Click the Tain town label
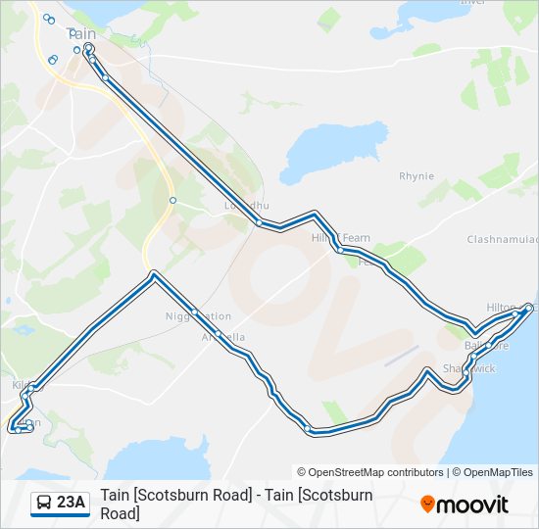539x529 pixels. [81, 33]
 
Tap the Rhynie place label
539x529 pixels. [416, 176]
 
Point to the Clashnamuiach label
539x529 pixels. [502, 240]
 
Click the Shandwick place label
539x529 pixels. [469, 368]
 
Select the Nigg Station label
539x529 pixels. [199, 316]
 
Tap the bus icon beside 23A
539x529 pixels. [44, 504]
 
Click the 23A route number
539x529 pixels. [72, 504]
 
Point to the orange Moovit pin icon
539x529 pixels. [427, 505]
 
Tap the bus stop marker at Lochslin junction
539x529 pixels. [259, 223]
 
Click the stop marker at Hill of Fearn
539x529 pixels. [339, 250]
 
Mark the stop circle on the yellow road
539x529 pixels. [171, 200]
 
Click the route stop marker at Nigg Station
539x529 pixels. [195, 313]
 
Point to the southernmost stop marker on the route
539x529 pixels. [309, 428]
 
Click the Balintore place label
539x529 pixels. [487, 346]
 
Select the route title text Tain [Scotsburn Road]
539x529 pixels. [236, 496]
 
